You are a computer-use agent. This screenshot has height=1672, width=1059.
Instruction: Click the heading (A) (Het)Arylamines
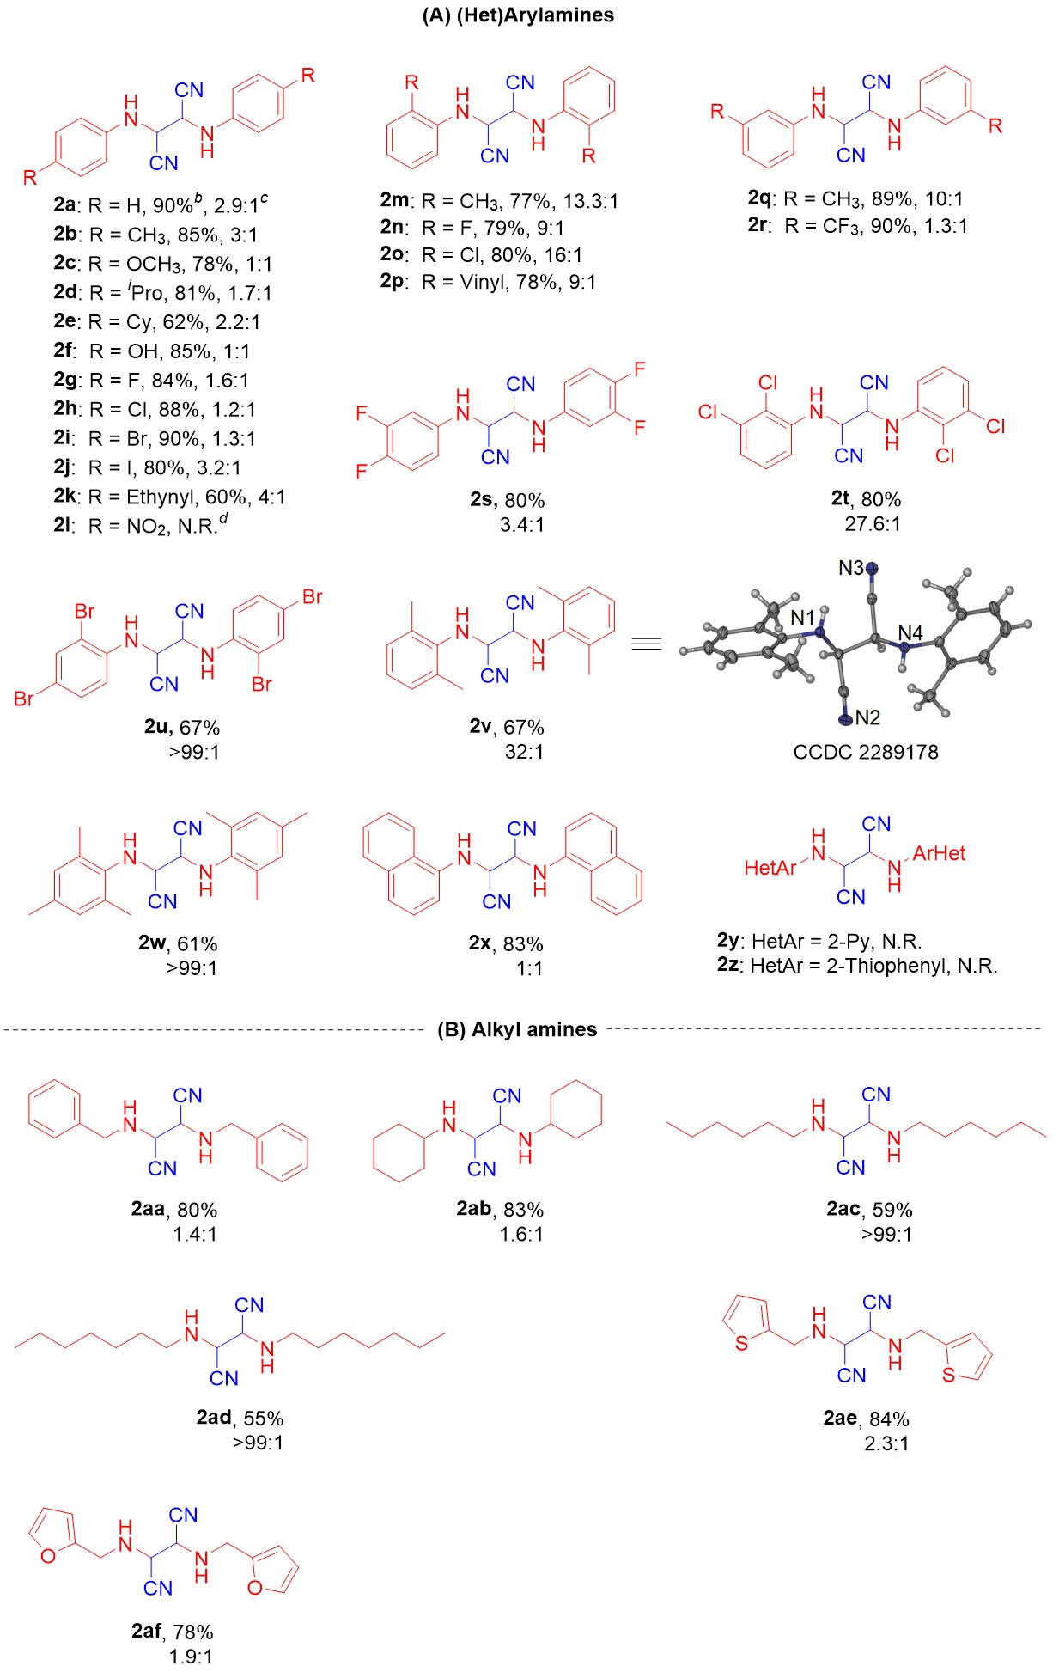pyautogui.click(x=518, y=15)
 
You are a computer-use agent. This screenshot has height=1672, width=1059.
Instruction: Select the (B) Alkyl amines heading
pyautogui.click(x=517, y=1029)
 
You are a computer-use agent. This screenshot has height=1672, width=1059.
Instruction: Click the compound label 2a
pyautogui.click(x=64, y=204)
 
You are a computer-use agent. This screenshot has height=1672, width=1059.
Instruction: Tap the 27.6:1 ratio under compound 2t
pyautogui.click(x=873, y=523)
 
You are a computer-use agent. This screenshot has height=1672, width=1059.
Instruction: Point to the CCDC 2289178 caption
pyautogui.click(x=865, y=752)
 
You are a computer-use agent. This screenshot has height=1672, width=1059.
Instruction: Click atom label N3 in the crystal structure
pyautogui.click(x=851, y=568)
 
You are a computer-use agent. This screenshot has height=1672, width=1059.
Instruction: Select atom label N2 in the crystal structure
pyautogui.click(x=867, y=717)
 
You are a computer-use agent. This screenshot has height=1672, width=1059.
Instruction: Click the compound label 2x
pyautogui.click(x=479, y=943)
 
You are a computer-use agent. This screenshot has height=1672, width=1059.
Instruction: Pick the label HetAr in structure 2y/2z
pyautogui.click(x=770, y=868)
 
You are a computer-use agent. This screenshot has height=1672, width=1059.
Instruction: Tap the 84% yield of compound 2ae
pyautogui.click(x=889, y=1419)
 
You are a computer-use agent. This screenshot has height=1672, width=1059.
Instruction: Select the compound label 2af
pyautogui.click(x=148, y=1631)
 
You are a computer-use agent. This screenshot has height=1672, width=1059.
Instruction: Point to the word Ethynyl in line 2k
pyautogui.click(x=161, y=497)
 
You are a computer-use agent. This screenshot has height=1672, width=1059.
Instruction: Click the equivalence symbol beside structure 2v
pyautogui.click(x=647, y=644)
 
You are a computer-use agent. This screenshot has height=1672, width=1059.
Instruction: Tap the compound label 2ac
pyautogui.click(x=843, y=1209)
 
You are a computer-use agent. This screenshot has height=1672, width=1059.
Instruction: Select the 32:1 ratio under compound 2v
pyautogui.click(x=524, y=751)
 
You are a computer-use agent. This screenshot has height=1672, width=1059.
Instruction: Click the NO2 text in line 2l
pyautogui.click(x=147, y=526)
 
